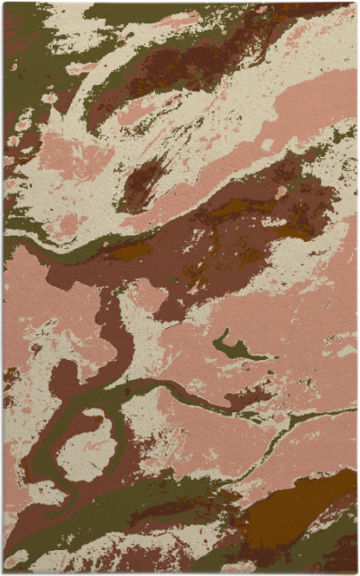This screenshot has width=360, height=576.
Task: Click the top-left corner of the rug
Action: point(4,4)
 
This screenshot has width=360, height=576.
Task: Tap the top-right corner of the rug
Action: point(356,4)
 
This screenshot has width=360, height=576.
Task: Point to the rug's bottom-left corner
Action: point(4,572)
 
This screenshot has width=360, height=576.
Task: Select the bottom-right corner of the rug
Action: point(356,572)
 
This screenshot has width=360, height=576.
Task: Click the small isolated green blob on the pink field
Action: point(235,348)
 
